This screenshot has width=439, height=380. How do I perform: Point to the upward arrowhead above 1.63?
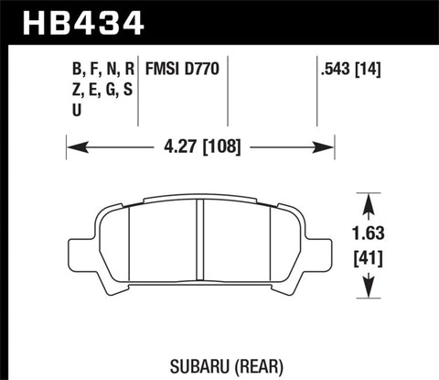pyautogui.click(x=369, y=200)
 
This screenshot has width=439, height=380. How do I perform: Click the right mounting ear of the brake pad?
pyautogui.click(x=323, y=250)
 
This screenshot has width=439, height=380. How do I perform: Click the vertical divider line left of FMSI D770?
pyautogui.click(x=138, y=92)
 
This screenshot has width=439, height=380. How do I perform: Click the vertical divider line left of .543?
pyautogui.click(x=316, y=92)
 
